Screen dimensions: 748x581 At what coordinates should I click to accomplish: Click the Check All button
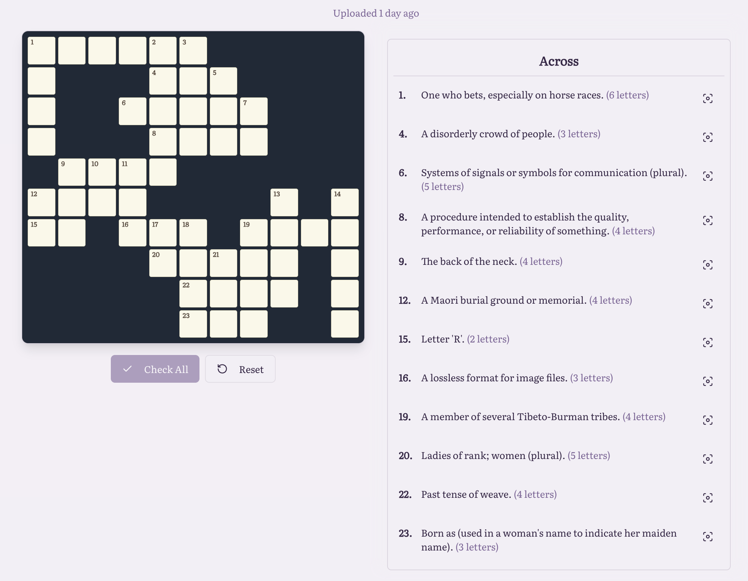pos(155,369)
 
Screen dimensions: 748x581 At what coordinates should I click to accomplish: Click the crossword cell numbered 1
pos(42,51)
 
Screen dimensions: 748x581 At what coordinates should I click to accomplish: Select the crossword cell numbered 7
pos(254,111)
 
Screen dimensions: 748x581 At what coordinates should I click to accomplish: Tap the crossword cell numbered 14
pos(345,202)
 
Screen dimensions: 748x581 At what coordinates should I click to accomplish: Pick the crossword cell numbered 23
pos(193,324)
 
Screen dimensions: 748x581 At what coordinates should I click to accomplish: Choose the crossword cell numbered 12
pos(42,202)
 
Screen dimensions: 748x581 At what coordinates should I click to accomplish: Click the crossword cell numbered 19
pos(254,233)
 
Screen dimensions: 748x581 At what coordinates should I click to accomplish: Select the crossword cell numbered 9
pos(72,172)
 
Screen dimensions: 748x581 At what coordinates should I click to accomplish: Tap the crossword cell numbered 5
pos(223,81)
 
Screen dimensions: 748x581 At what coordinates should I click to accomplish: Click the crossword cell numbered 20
pos(163,263)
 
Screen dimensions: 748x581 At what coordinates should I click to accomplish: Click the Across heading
pos(559,61)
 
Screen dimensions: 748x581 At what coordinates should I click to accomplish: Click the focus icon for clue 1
pos(708,98)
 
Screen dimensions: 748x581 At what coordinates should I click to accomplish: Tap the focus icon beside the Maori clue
pos(708,304)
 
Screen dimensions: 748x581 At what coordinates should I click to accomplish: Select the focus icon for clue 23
pos(708,537)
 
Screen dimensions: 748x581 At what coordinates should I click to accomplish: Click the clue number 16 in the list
pos(404,378)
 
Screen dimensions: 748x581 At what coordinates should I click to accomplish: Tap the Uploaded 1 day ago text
pos(376,13)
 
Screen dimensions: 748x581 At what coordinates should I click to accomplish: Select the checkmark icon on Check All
pos(127,369)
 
